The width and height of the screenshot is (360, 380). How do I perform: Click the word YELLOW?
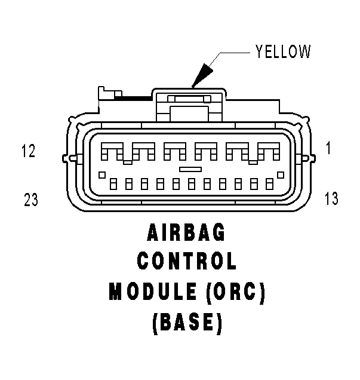(283, 51)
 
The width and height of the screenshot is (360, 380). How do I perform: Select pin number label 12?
(29, 151)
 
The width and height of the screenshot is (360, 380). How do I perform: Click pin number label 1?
(328, 148)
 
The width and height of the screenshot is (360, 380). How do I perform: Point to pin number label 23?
(31, 200)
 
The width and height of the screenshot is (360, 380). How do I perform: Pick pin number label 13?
(331, 198)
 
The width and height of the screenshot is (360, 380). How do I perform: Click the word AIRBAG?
(186, 232)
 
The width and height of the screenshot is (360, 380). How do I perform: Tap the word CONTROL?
(186, 261)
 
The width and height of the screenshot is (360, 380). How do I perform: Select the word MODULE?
(153, 291)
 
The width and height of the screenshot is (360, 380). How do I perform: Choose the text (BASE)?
(187, 323)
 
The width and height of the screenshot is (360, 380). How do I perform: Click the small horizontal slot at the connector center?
(190, 169)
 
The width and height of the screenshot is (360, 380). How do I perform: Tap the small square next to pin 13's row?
(281, 174)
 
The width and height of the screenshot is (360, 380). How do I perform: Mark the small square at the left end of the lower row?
(102, 174)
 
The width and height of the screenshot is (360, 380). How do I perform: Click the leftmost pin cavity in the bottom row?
(113, 184)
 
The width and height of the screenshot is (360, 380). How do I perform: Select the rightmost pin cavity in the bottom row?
(269, 184)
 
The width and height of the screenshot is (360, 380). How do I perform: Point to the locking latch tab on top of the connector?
(189, 105)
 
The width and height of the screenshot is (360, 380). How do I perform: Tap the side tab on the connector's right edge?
(308, 158)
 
